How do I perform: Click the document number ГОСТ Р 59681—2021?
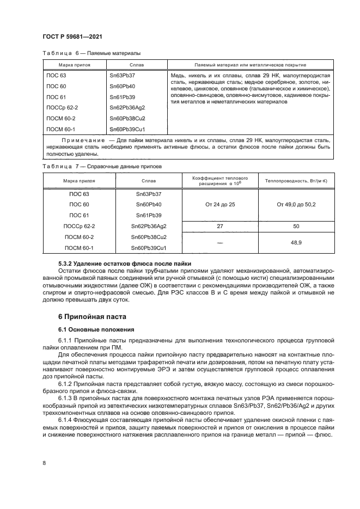click(73, 36)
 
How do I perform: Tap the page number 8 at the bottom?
click(44, 463)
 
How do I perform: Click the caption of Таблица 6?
click(91, 53)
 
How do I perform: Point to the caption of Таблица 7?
click(101, 165)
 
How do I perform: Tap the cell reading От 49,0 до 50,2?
click(296, 204)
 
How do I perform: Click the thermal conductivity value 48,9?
click(296, 242)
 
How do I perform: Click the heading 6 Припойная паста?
click(91, 316)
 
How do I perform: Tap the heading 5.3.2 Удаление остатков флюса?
click(108, 263)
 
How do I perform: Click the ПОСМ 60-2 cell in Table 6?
click(61, 118)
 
